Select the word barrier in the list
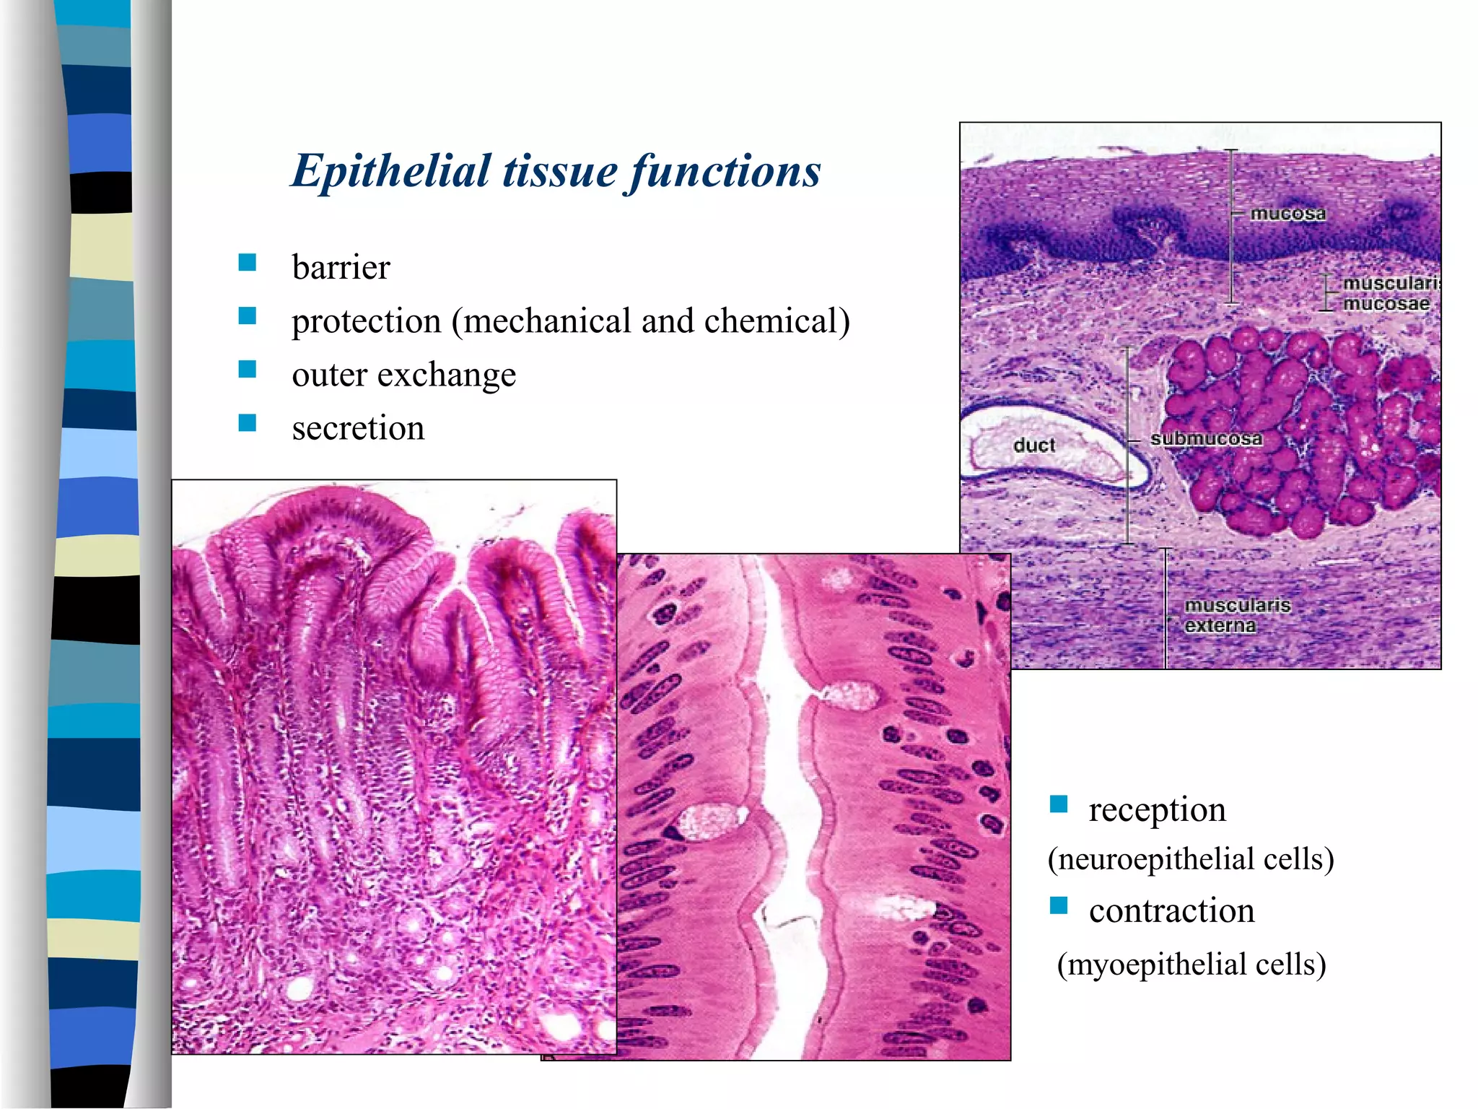click(x=341, y=268)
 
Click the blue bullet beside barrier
click(x=248, y=262)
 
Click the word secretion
click(x=358, y=428)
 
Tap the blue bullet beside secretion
click(x=248, y=422)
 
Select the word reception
click(x=1157, y=809)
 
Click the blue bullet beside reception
click(x=1059, y=804)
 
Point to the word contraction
click(x=1171, y=910)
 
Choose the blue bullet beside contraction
click(x=1059, y=905)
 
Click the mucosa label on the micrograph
click(x=1287, y=214)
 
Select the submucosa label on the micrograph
click(x=1206, y=439)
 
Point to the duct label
click(x=1034, y=445)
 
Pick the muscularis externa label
click(x=1237, y=615)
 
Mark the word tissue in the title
click(x=560, y=172)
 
